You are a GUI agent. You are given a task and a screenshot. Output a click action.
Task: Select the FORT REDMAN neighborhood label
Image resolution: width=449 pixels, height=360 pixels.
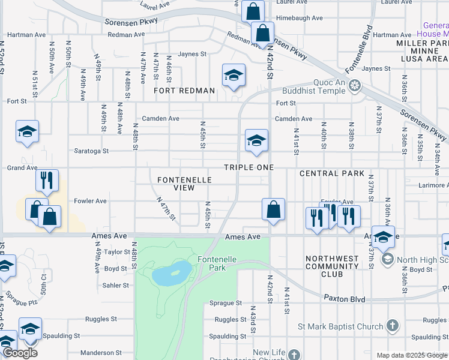point(184,91)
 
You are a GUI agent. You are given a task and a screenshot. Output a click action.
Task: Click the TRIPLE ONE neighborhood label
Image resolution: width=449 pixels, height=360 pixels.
point(249,167)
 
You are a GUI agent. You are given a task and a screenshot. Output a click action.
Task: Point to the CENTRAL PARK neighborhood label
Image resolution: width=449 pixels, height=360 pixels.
point(332,173)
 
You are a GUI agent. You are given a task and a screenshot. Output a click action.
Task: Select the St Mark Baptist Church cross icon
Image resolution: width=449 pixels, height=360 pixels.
point(392,326)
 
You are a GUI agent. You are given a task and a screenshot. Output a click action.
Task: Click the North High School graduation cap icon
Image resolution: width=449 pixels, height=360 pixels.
point(387,259)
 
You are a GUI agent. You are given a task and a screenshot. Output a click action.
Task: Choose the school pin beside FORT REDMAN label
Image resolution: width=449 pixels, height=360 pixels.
point(234,76)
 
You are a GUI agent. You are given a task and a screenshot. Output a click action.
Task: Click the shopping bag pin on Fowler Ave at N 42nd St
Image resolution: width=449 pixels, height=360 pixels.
point(273,210)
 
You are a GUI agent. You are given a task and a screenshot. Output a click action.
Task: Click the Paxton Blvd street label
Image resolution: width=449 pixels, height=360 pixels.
point(343,298)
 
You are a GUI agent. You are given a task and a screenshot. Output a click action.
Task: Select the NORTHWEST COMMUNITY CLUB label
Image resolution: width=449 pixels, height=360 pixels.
point(332,266)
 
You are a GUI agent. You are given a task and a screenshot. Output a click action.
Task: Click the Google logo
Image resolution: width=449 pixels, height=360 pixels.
point(20,353)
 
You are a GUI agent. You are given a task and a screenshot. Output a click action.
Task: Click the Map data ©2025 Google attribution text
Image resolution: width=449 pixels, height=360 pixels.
point(411,355)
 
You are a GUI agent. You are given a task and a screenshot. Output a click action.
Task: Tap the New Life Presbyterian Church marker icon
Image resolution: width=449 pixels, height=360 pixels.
point(294,354)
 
